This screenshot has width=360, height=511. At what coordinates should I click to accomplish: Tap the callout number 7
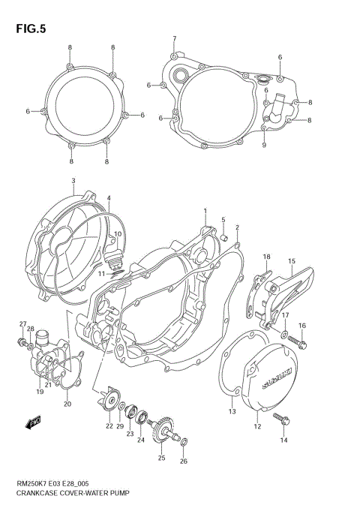point(174,38)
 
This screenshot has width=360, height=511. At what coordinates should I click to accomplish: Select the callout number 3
point(73,181)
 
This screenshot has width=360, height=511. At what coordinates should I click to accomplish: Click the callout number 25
point(161,457)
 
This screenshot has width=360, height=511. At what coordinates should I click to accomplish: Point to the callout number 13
point(232,412)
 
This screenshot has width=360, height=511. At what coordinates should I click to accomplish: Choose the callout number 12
point(257,427)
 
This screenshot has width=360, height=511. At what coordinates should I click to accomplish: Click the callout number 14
point(283,441)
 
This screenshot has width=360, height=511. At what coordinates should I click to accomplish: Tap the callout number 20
point(67,404)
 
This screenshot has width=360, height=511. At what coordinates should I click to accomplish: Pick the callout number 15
point(292,260)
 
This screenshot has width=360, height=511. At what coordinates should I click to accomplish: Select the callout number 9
point(263,145)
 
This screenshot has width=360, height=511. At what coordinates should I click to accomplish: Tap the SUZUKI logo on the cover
point(273,374)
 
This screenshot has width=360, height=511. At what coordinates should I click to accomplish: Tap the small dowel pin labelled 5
point(223,237)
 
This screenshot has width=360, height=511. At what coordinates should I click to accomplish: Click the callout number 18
point(266,257)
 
